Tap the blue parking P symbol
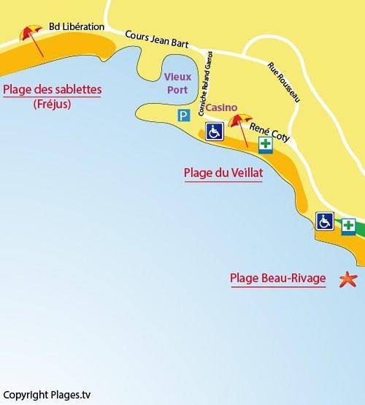tap(182, 115)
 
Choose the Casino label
tap(220, 107)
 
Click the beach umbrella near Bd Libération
tap(31, 35)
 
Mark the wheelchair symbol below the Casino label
tap(215, 132)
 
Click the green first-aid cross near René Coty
tap(266, 145)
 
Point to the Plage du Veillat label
tap(223, 173)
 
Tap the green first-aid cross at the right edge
tap(350, 224)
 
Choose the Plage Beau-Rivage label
tap(277, 279)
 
